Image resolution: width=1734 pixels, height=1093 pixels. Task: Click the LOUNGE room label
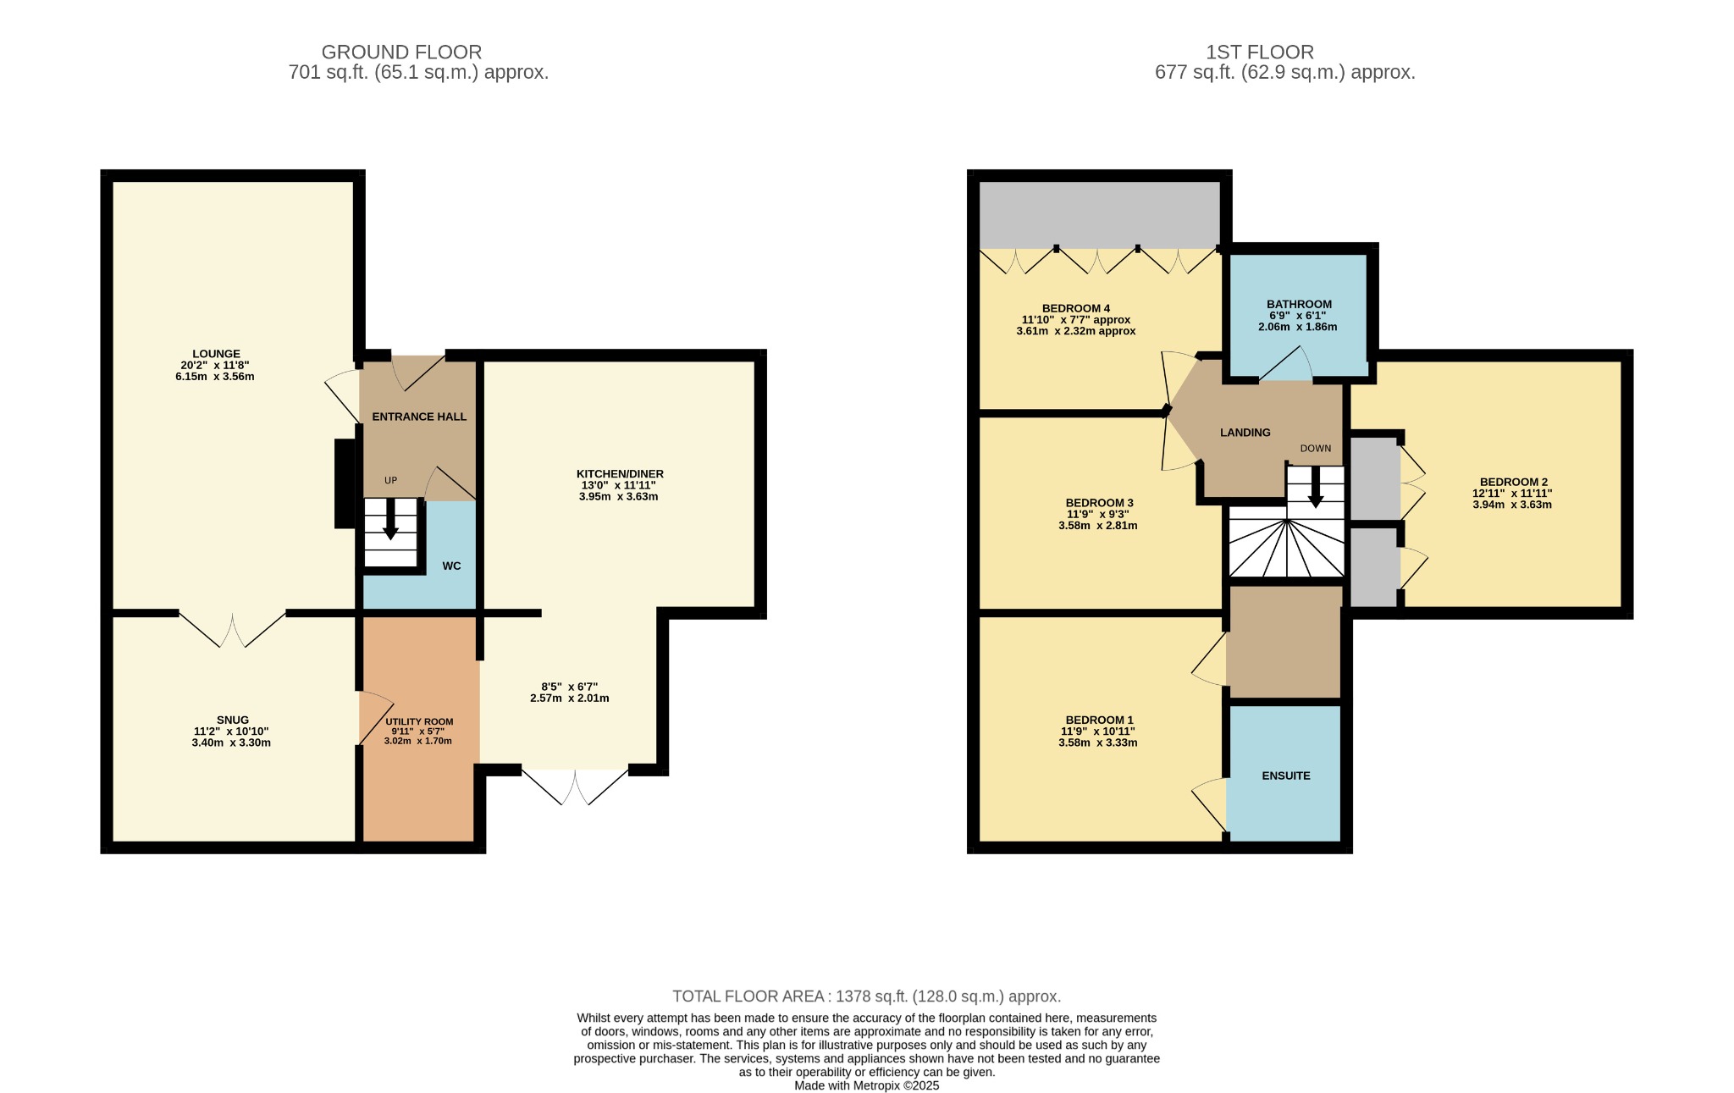coord(216,354)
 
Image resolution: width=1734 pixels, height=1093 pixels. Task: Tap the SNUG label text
coord(232,720)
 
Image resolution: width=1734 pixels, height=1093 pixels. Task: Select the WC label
coord(451,566)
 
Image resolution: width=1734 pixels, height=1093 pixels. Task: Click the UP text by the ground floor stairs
coord(390,480)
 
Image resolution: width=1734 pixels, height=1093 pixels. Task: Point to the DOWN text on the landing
coord(1316,448)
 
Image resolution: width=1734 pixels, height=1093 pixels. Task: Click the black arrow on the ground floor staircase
coord(390,519)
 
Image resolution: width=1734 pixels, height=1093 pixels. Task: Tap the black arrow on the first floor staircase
coord(1316,487)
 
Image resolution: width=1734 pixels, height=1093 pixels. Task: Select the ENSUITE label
coord(1286,776)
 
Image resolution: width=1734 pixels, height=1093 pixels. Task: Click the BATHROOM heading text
coord(1299,304)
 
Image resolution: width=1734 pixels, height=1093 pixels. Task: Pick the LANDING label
coord(1245,433)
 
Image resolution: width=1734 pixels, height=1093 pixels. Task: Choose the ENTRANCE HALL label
coord(419,417)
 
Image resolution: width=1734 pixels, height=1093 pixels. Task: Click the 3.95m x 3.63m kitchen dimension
coord(618,496)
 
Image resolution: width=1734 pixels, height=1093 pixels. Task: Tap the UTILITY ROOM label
coord(419,721)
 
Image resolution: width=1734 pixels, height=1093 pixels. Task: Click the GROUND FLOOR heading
coord(401,52)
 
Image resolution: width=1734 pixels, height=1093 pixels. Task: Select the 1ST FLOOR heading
coord(1260,52)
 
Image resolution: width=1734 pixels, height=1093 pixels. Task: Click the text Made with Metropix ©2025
coord(867,1085)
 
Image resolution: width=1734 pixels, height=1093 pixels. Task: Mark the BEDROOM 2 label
coord(1514,482)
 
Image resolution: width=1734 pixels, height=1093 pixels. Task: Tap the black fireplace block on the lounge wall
coord(345,483)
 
